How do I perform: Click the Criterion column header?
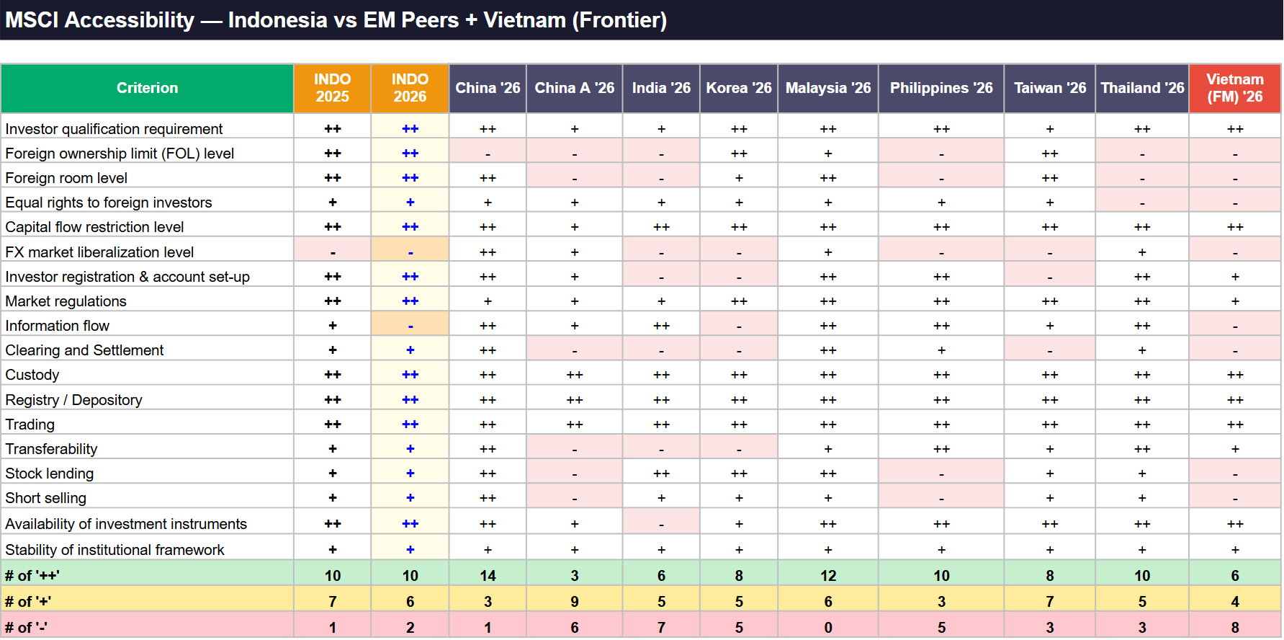point(147,88)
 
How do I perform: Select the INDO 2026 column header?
point(410,88)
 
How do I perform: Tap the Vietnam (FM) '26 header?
point(1235,88)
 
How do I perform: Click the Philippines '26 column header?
point(941,88)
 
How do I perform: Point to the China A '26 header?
point(575,88)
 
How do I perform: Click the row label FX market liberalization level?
point(99,252)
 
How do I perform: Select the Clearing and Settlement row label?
point(84,350)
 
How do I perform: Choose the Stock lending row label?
point(50,474)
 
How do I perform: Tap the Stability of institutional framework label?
point(115,550)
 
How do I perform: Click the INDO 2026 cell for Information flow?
point(410,326)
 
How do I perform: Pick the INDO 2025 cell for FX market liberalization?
point(332,252)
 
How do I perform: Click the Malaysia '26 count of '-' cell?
point(828,627)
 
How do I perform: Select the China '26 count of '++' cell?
point(488,575)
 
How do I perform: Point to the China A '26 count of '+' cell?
point(575,601)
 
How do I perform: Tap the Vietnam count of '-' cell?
point(1235,627)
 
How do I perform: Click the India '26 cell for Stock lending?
point(661,474)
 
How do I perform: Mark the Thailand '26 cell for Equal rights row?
point(1142,203)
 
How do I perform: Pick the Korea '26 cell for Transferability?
point(739,449)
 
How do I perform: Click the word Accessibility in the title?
point(130,20)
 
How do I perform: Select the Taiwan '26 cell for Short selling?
point(1050,498)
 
